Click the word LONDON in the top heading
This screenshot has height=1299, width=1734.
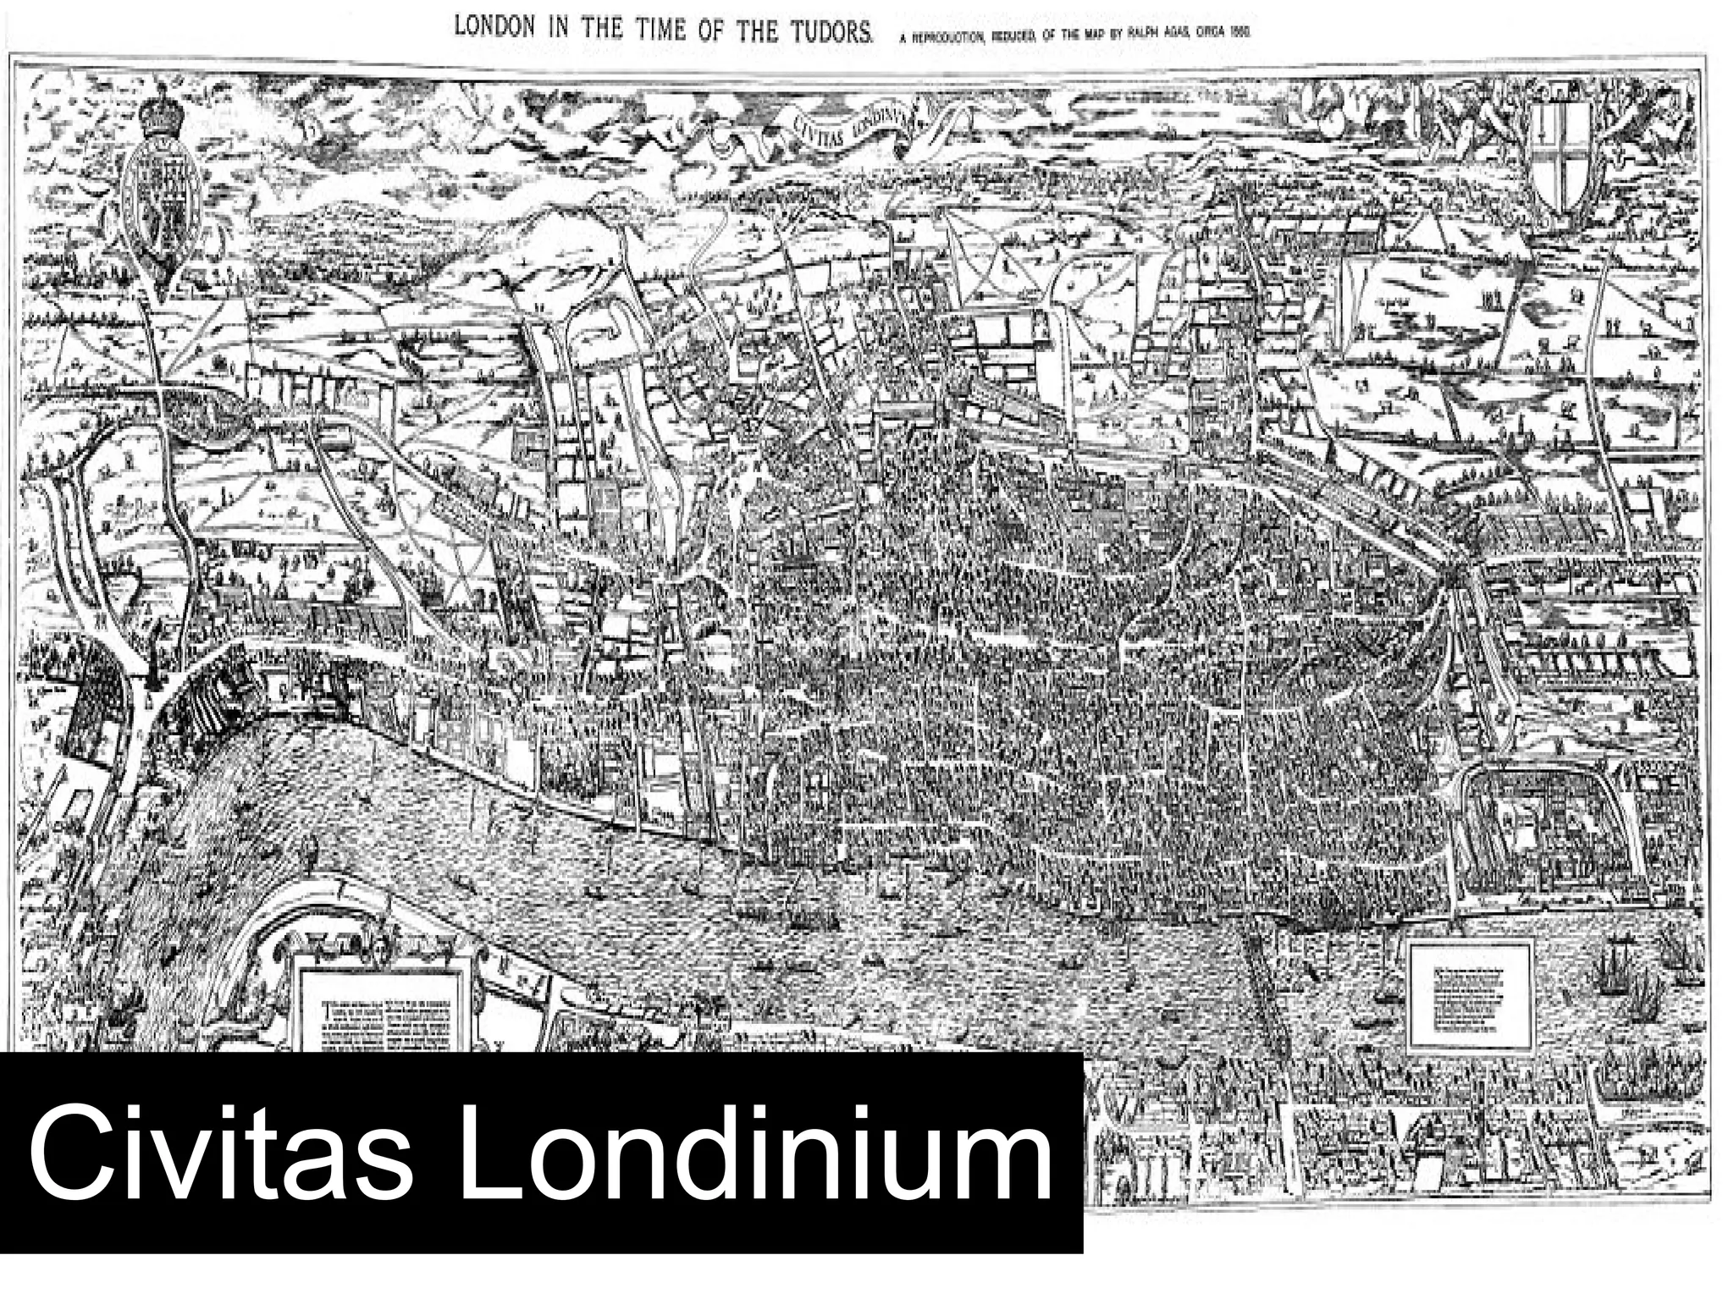click(x=495, y=27)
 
